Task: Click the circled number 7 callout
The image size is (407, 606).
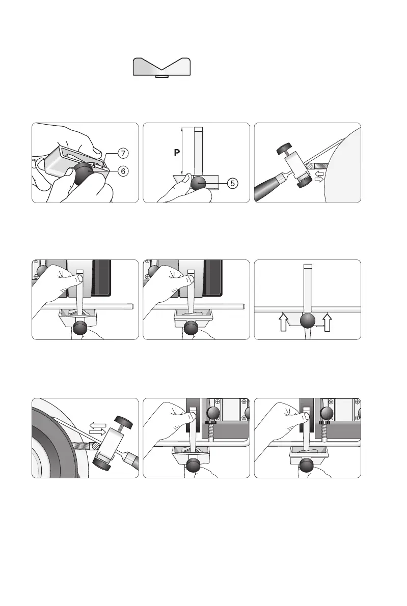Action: click(123, 153)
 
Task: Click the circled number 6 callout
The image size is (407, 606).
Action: click(123, 171)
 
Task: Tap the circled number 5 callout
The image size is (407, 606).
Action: click(232, 183)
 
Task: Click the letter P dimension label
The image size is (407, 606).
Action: click(177, 153)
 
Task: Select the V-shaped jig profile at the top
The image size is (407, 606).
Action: click(161, 67)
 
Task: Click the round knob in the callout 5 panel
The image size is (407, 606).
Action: click(198, 183)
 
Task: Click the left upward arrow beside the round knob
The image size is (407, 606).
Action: click(283, 322)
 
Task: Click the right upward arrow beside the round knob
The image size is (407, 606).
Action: click(328, 322)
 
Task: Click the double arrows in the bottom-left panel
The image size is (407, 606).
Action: click(98, 427)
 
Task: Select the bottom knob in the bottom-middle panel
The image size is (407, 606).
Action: click(194, 466)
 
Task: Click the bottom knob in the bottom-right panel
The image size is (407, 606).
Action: click(307, 466)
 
